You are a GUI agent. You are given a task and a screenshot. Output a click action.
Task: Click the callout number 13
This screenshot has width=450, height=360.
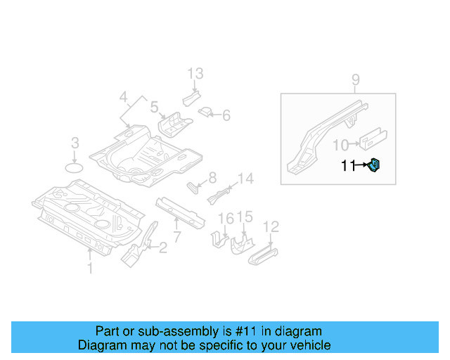pos(195,73)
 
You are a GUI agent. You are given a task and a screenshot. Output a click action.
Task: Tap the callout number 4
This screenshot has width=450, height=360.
pos(124,96)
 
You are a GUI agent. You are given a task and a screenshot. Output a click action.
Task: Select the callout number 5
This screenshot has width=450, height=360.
pos(153,108)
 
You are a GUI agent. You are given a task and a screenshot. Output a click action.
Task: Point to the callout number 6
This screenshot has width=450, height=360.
pos(226,115)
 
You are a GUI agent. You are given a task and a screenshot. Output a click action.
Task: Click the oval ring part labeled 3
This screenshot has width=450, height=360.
pos(75,167)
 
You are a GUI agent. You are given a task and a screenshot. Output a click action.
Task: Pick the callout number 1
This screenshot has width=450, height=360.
pos(89,267)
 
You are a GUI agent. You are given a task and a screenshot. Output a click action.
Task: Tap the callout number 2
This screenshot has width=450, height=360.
pos(162,247)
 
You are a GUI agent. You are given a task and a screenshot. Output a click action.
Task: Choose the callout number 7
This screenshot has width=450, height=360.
pos(176,237)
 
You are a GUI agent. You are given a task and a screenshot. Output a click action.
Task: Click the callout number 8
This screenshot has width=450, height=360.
pos(212,177)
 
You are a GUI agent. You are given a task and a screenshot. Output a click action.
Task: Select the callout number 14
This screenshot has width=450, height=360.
pos(245,179)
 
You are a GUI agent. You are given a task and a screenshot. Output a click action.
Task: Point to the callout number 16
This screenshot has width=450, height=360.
pos(225,219)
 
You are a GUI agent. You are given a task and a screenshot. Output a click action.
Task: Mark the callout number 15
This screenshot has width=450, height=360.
pos(244,216)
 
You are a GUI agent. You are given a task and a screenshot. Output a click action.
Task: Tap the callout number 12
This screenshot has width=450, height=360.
pos(271,226)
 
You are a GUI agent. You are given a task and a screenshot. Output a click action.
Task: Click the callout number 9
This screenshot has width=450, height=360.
pos(355,79)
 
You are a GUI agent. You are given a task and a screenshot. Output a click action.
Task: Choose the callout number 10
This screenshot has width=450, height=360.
pos(340,145)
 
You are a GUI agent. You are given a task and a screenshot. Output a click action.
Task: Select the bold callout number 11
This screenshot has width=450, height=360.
pos(348,166)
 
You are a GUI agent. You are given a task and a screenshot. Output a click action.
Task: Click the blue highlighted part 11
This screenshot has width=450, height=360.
pos(375,166)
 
